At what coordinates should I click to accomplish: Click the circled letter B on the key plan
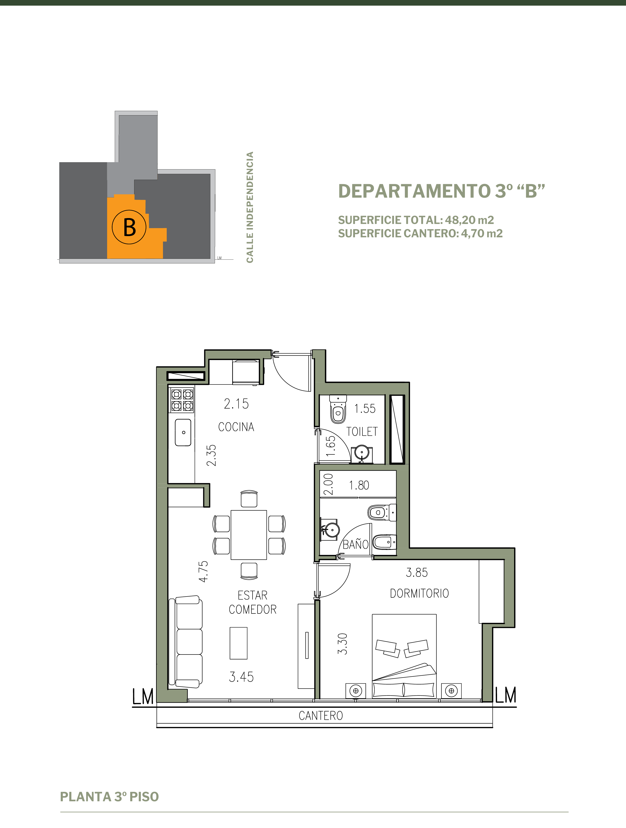(129, 227)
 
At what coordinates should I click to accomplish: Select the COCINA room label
(236, 427)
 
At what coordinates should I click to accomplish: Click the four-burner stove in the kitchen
(182, 400)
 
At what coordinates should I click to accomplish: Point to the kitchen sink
(183, 432)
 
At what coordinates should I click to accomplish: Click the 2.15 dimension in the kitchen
(236, 403)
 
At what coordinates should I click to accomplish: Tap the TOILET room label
(362, 432)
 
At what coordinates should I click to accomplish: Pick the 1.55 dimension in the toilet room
(365, 408)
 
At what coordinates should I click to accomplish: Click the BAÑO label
(356, 544)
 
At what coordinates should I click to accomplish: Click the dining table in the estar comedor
(249, 535)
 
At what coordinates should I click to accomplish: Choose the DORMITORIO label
(419, 593)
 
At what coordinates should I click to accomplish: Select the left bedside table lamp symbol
(356, 691)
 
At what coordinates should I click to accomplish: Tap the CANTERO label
(321, 716)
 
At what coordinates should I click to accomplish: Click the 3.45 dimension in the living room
(241, 677)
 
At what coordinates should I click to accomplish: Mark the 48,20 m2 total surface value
(469, 220)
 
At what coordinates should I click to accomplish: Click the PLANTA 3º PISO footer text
(109, 796)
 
